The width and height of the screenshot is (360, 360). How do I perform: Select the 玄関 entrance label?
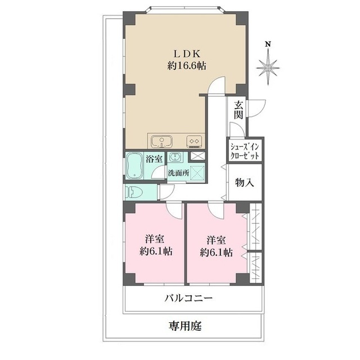[x=238, y=110]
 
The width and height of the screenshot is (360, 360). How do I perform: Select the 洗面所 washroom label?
[x=178, y=173]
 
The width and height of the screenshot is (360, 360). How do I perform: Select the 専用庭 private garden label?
[x=185, y=326]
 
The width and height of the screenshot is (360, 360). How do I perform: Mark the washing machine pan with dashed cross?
[x=197, y=172]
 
